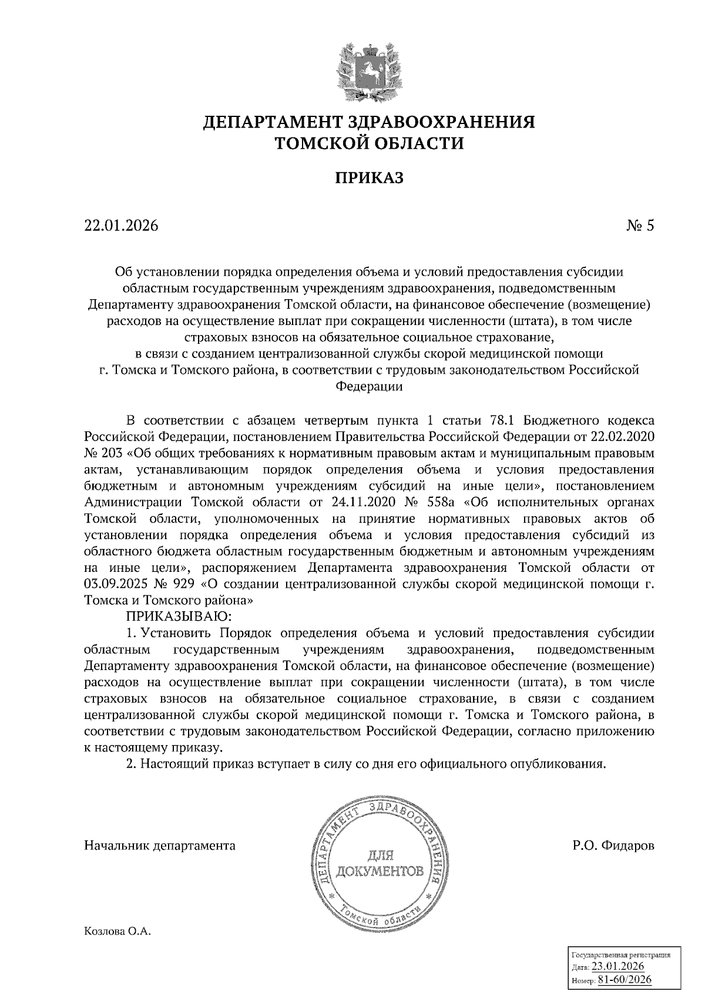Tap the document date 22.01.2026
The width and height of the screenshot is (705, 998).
(x=122, y=226)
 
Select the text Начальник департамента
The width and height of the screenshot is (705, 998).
(x=160, y=846)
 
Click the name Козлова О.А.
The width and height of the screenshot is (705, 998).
(x=117, y=932)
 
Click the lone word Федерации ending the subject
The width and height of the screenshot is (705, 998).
(x=369, y=387)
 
